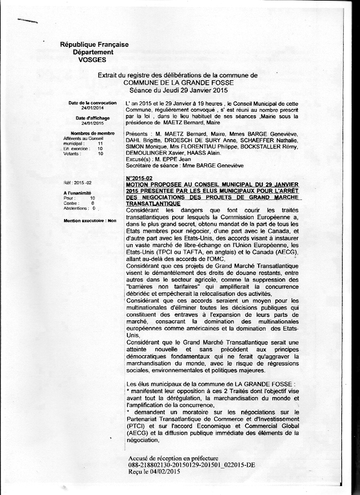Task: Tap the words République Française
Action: point(89,46)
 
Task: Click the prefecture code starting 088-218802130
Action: point(191,466)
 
